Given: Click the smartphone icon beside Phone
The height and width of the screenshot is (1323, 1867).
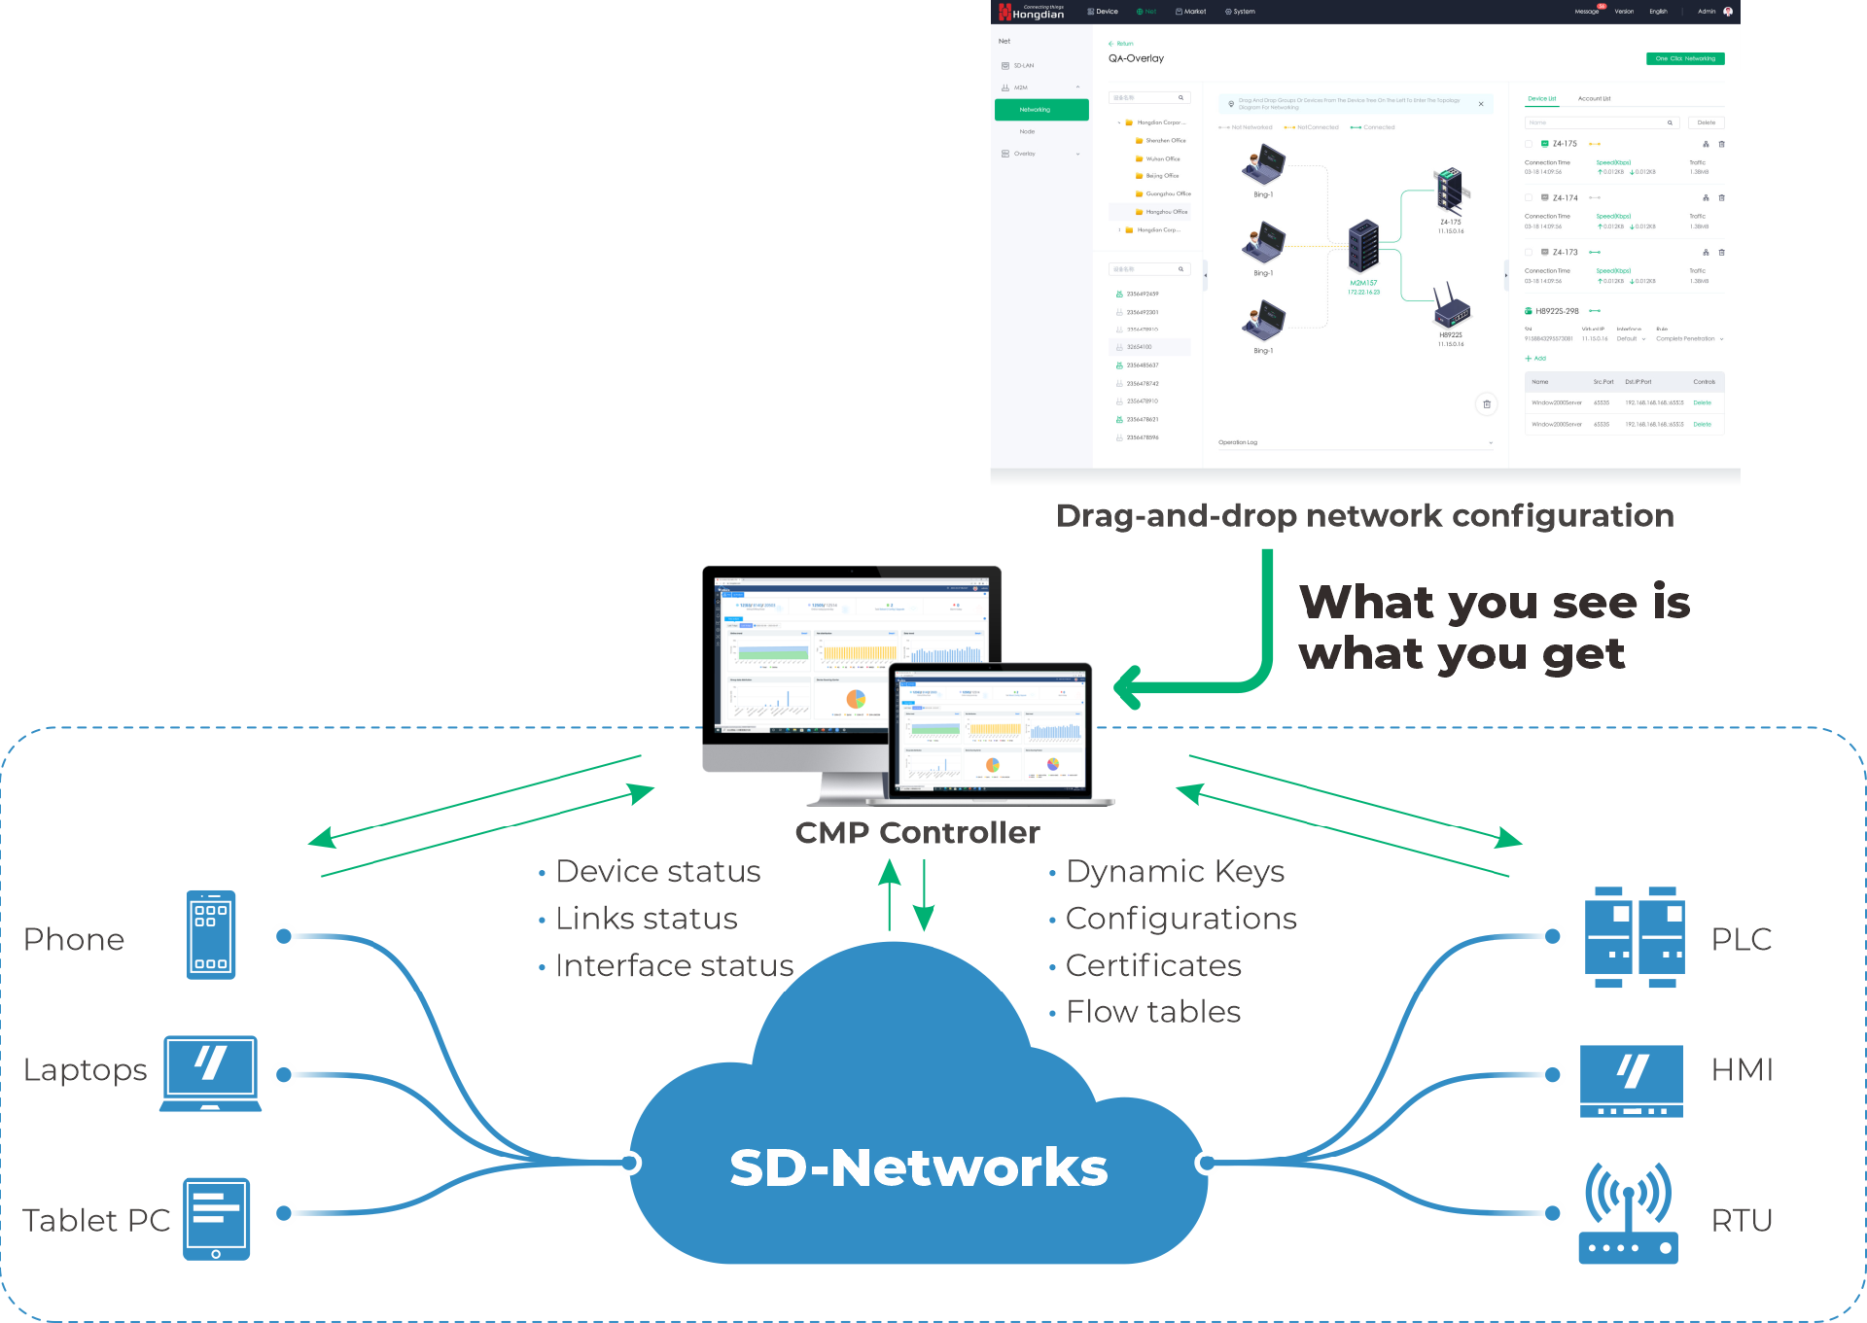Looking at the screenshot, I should pyautogui.click(x=211, y=934).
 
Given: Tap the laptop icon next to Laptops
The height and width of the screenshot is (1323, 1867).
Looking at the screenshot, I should pyautogui.click(x=211, y=1073).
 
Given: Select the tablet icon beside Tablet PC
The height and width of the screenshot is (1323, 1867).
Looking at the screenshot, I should pyautogui.click(x=216, y=1219).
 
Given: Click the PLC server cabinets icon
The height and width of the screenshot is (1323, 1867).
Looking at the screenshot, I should pyautogui.click(x=1634, y=936).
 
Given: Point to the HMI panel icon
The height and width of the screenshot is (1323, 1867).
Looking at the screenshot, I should pyautogui.click(x=1631, y=1080).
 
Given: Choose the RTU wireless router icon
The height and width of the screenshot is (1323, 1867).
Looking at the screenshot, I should pyautogui.click(x=1629, y=1214).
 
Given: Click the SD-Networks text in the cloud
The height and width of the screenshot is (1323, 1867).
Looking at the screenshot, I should pyautogui.click(x=918, y=1167).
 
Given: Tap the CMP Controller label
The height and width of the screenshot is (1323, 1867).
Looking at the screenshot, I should pyautogui.click(x=917, y=833).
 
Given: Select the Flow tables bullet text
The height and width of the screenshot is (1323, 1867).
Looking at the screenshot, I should pyautogui.click(x=1152, y=1012).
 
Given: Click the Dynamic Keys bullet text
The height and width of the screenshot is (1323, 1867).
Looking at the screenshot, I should pyautogui.click(x=1175, y=872).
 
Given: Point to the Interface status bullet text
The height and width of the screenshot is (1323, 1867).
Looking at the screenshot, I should pyautogui.click(x=674, y=966).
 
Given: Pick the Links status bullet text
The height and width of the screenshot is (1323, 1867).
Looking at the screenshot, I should pyautogui.click(x=646, y=919).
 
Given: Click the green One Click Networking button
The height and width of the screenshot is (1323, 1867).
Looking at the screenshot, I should pyautogui.click(x=1684, y=58).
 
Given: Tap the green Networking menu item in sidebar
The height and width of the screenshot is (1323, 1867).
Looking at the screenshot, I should pyautogui.click(x=1040, y=110).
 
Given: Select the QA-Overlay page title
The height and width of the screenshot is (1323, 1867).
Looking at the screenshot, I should pyautogui.click(x=1136, y=58).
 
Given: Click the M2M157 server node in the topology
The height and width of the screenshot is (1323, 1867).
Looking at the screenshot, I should pyautogui.click(x=1363, y=247).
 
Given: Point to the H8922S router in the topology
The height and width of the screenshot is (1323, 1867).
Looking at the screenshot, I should pyautogui.click(x=1451, y=308).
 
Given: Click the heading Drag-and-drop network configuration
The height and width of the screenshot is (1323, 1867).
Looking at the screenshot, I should pyautogui.click(x=1364, y=515).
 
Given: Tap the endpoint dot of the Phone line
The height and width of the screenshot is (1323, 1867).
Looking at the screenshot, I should pyautogui.click(x=284, y=936).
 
